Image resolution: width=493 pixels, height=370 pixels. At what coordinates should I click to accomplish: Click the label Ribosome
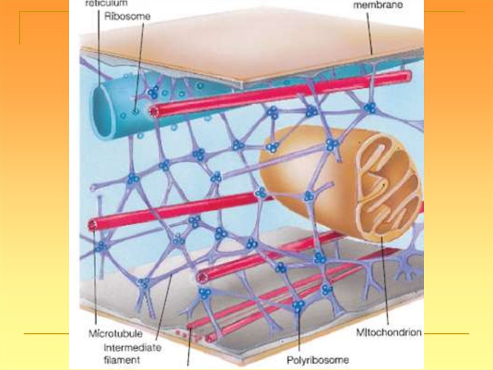coord(127,16)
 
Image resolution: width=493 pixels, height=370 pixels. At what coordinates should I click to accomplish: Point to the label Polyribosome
coord(318,359)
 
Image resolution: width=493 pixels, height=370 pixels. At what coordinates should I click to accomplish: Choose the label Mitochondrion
coord(389,332)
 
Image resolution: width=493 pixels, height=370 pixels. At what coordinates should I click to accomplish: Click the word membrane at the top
coord(378,6)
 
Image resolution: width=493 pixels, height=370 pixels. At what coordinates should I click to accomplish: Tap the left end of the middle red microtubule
coord(94,224)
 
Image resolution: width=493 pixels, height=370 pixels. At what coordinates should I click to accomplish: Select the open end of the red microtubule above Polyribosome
coord(203,277)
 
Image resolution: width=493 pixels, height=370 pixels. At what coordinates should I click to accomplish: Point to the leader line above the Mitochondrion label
coord(385,285)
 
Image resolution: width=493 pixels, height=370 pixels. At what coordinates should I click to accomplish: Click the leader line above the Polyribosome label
coord(299,333)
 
